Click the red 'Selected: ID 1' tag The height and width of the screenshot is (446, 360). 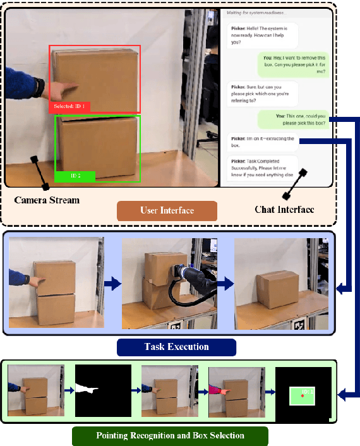click(x=69, y=107)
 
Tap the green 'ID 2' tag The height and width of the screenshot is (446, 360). click(x=75, y=176)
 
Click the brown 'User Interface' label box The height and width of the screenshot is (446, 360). click(x=167, y=210)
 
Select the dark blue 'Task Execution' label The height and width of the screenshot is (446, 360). click(x=176, y=347)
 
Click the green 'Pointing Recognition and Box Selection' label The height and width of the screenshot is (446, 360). click(x=171, y=435)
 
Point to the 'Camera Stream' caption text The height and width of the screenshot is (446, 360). click(x=47, y=200)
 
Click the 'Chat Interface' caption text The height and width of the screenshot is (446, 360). click(x=284, y=208)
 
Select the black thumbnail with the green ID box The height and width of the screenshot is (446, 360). click(x=303, y=395)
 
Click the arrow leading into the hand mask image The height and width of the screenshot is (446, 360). click(x=68, y=391)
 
